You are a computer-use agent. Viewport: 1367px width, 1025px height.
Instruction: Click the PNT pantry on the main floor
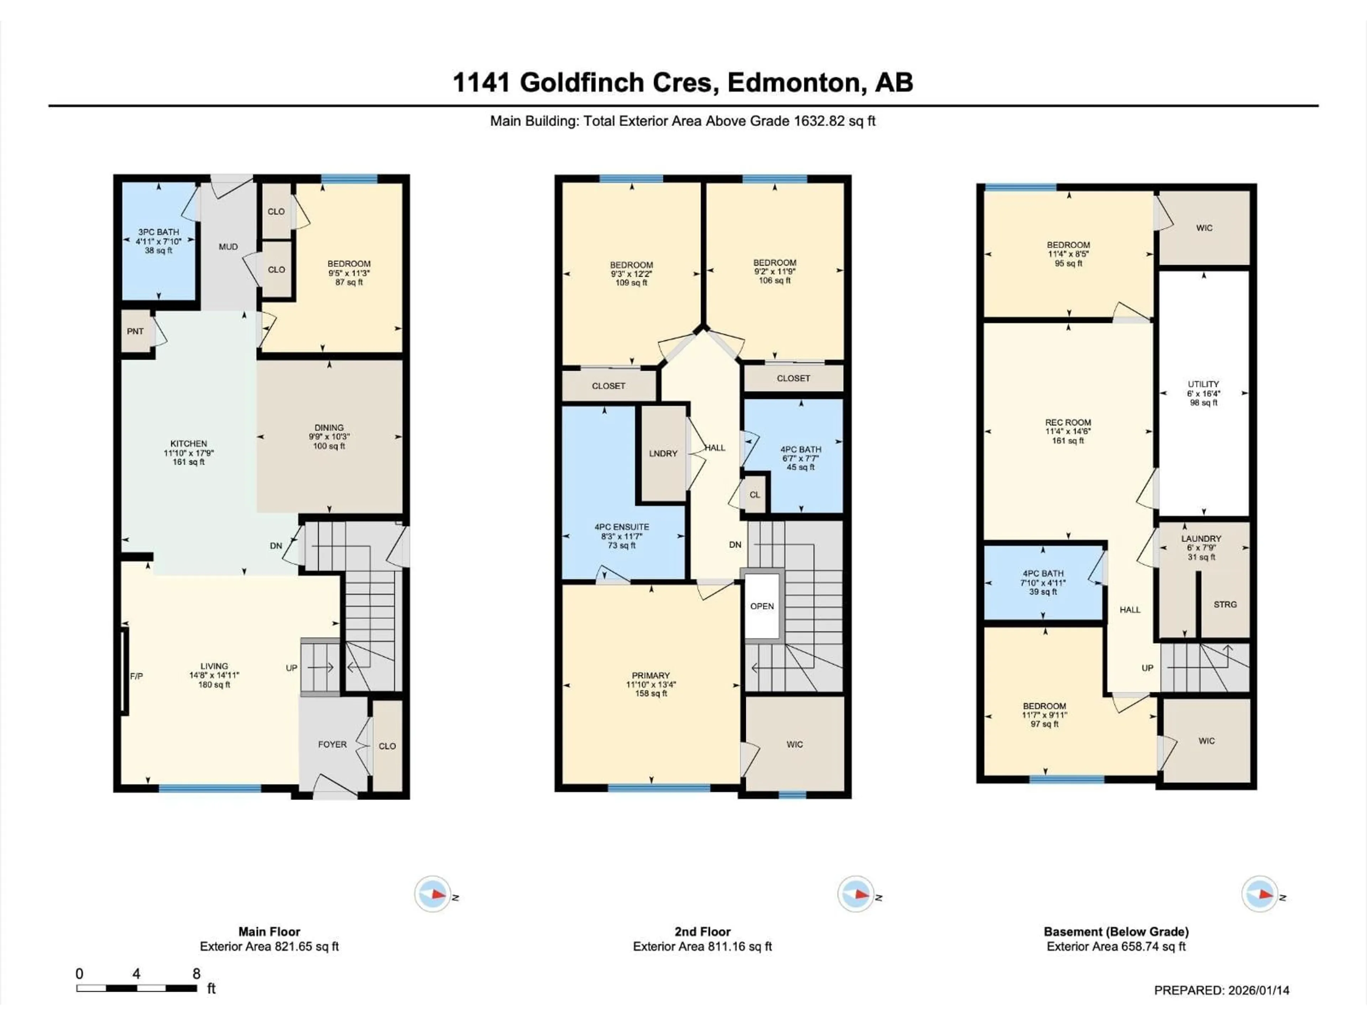[135, 332]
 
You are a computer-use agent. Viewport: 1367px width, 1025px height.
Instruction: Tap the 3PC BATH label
[159, 232]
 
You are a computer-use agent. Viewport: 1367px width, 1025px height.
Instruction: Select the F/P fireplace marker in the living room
[137, 677]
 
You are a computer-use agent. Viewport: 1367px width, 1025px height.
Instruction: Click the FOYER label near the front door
[332, 745]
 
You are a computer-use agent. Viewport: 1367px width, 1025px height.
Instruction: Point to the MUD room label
[228, 247]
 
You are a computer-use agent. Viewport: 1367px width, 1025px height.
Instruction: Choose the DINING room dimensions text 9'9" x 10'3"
[329, 437]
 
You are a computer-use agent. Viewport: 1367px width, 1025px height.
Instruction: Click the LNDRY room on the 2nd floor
[663, 453]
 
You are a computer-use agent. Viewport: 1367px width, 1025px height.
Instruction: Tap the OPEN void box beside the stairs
[762, 606]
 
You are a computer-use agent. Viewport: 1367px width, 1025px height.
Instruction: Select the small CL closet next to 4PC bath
[755, 495]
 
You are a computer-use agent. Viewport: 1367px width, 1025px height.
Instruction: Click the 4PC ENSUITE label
[622, 527]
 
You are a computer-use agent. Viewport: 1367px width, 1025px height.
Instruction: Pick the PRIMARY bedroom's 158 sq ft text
[651, 694]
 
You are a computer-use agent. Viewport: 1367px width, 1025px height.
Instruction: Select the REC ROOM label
[1068, 422]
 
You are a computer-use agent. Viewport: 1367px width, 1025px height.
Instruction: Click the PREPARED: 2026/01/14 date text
[1222, 990]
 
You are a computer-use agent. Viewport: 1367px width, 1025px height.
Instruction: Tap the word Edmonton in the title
[794, 83]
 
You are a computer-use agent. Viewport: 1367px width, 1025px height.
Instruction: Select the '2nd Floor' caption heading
[703, 932]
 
